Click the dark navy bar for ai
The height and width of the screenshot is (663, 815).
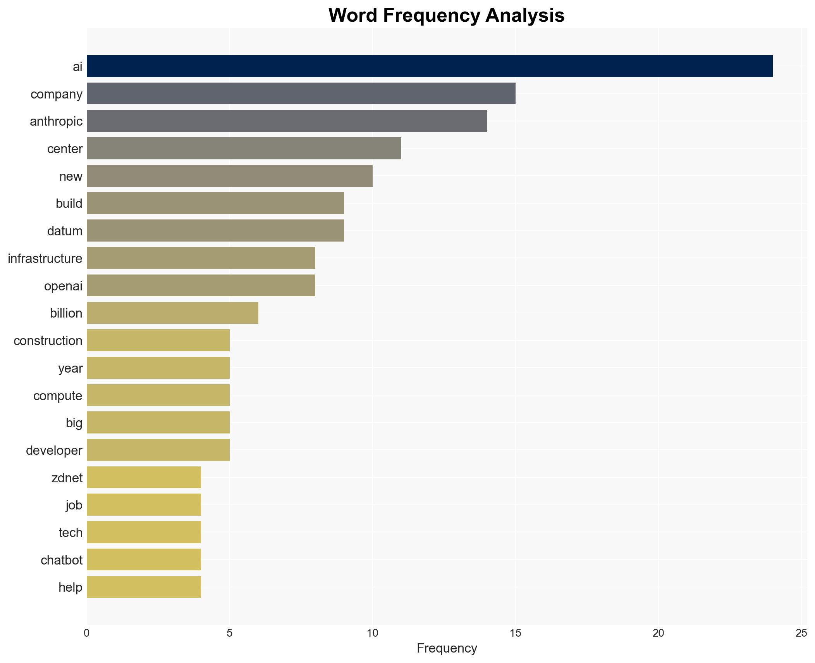[x=429, y=66]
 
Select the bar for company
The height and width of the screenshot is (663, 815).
[x=301, y=94]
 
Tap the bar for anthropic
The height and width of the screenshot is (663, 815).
[x=287, y=121]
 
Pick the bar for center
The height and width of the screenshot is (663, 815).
[x=244, y=148]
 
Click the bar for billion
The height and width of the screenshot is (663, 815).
[x=172, y=313]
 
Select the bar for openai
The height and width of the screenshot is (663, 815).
[x=201, y=286]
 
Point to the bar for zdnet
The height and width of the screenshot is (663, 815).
[x=144, y=477]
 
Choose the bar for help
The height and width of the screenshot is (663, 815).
[x=144, y=587]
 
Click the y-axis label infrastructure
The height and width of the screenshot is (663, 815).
[x=45, y=259]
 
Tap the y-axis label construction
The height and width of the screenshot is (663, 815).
[x=48, y=341]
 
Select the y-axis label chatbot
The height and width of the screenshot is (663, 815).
[x=62, y=560]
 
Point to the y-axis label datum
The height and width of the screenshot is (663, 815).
[x=65, y=231]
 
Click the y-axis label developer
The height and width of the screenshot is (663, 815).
[x=54, y=451]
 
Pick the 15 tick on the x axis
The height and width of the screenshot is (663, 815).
[x=515, y=633]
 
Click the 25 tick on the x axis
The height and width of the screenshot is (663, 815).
[x=801, y=633]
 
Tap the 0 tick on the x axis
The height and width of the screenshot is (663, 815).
[x=87, y=633]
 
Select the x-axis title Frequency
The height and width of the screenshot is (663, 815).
[x=447, y=648]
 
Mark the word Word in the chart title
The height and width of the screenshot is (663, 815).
[x=353, y=16]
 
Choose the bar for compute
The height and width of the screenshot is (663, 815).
[x=158, y=395]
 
